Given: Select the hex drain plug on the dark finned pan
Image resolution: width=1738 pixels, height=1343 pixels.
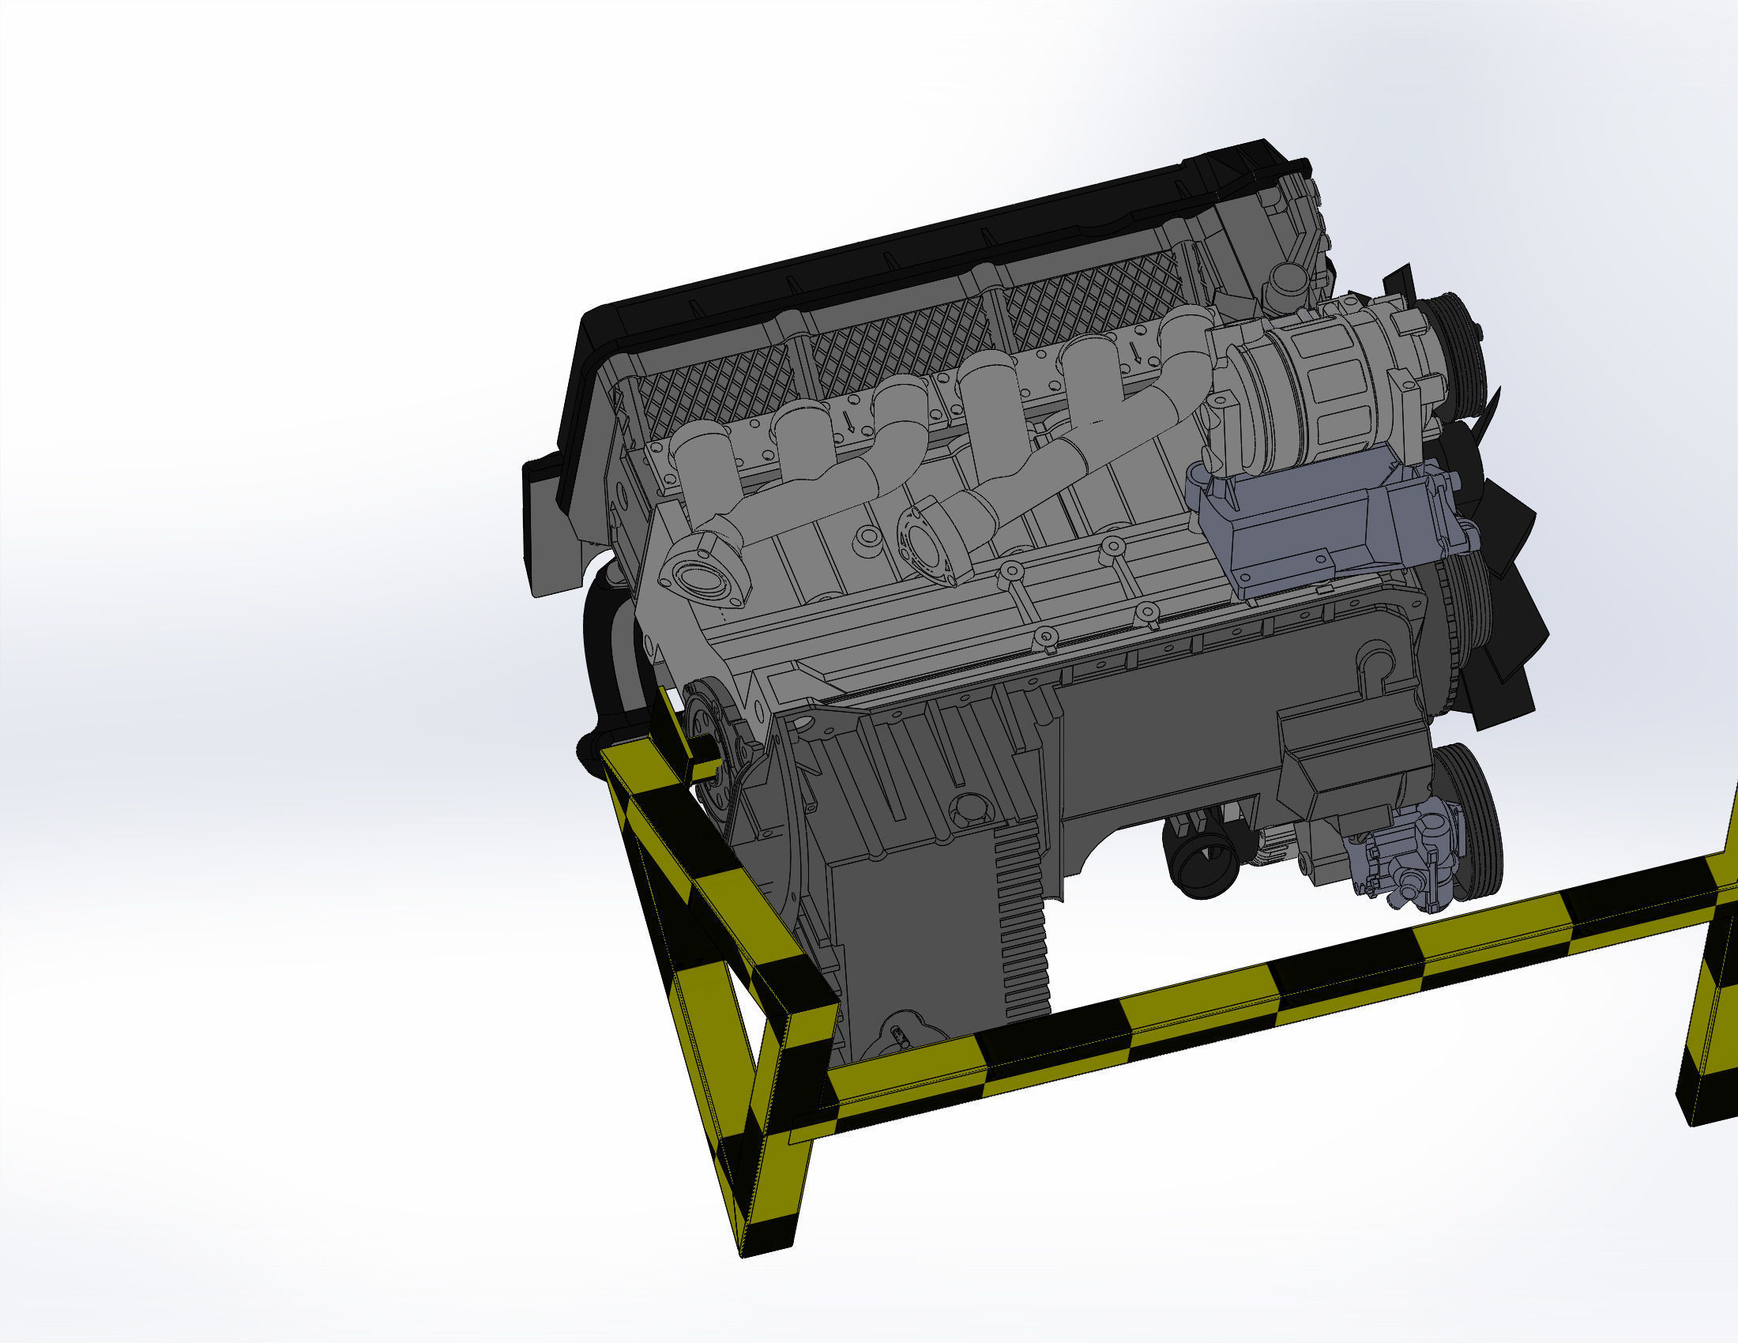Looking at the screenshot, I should tap(965, 807).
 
